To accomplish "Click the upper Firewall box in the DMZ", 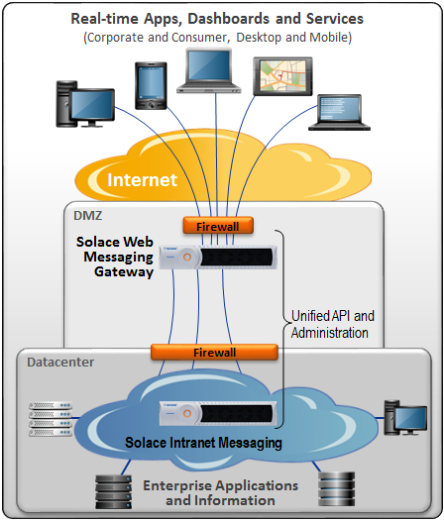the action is (x=218, y=226).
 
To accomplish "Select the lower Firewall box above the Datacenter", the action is (x=214, y=353).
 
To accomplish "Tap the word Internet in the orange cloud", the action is (x=142, y=180).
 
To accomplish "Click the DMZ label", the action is (x=88, y=216).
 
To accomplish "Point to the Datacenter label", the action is (x=60, y=363).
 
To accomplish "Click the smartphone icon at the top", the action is (x=151, y=86).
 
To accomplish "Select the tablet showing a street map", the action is (x=282, y=76).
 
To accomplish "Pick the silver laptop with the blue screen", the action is (x=209, y=70).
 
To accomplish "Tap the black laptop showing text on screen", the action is (x=339, y=113).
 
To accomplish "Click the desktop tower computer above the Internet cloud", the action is (x=85, y=104).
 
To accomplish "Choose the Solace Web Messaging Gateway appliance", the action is (x=218, y=257).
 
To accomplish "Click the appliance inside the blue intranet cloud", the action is (x=218, y=413).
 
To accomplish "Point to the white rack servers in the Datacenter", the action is (x=51, y=419).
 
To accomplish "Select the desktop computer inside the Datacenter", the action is (x=405, y=418).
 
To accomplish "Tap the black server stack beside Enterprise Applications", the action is (x=113, y=491).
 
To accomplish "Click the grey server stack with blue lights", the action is (x=336, y=489).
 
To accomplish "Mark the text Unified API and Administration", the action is (x=332, y=324).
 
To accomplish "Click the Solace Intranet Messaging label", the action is (x=203, y=443).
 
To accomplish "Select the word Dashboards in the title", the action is (x=228, y=19).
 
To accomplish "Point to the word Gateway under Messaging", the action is (x=124, y=272).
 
